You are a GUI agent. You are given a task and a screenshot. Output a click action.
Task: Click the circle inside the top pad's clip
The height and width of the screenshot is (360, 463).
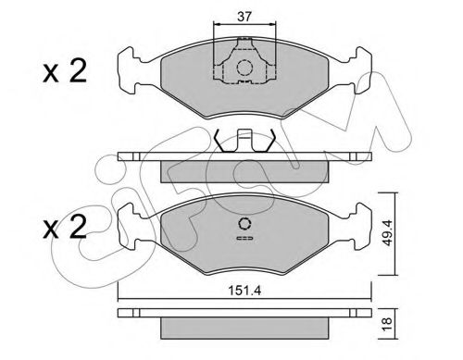(244, 67)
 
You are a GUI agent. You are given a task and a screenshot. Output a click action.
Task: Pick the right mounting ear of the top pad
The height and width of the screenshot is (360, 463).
(355, 67)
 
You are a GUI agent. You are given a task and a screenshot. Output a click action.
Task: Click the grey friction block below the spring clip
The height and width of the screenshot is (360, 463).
(243, 170)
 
